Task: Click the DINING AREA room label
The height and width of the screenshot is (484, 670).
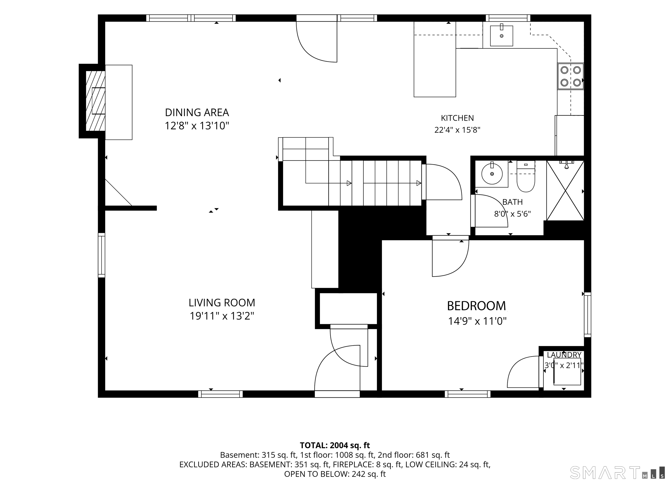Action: point(197,112)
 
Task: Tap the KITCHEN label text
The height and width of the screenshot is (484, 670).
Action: point(457,118)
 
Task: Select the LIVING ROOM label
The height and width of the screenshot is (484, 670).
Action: point(222,303)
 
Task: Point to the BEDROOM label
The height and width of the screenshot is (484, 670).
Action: point(477,306)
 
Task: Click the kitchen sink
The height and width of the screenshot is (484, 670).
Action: point(501,36)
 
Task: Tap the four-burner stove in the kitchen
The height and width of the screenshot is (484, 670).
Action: point(571,76)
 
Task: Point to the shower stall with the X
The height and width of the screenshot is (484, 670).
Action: point(565,191)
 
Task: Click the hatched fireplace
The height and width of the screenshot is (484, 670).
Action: point(96,101)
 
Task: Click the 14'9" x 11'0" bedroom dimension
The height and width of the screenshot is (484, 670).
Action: point(477,321)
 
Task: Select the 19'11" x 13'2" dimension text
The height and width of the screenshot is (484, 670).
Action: point(222,316)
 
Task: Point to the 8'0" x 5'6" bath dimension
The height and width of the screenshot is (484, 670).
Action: point(513,214)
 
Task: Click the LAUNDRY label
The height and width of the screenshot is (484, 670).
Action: point(564,355)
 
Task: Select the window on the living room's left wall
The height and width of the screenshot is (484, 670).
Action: point(101,255)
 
